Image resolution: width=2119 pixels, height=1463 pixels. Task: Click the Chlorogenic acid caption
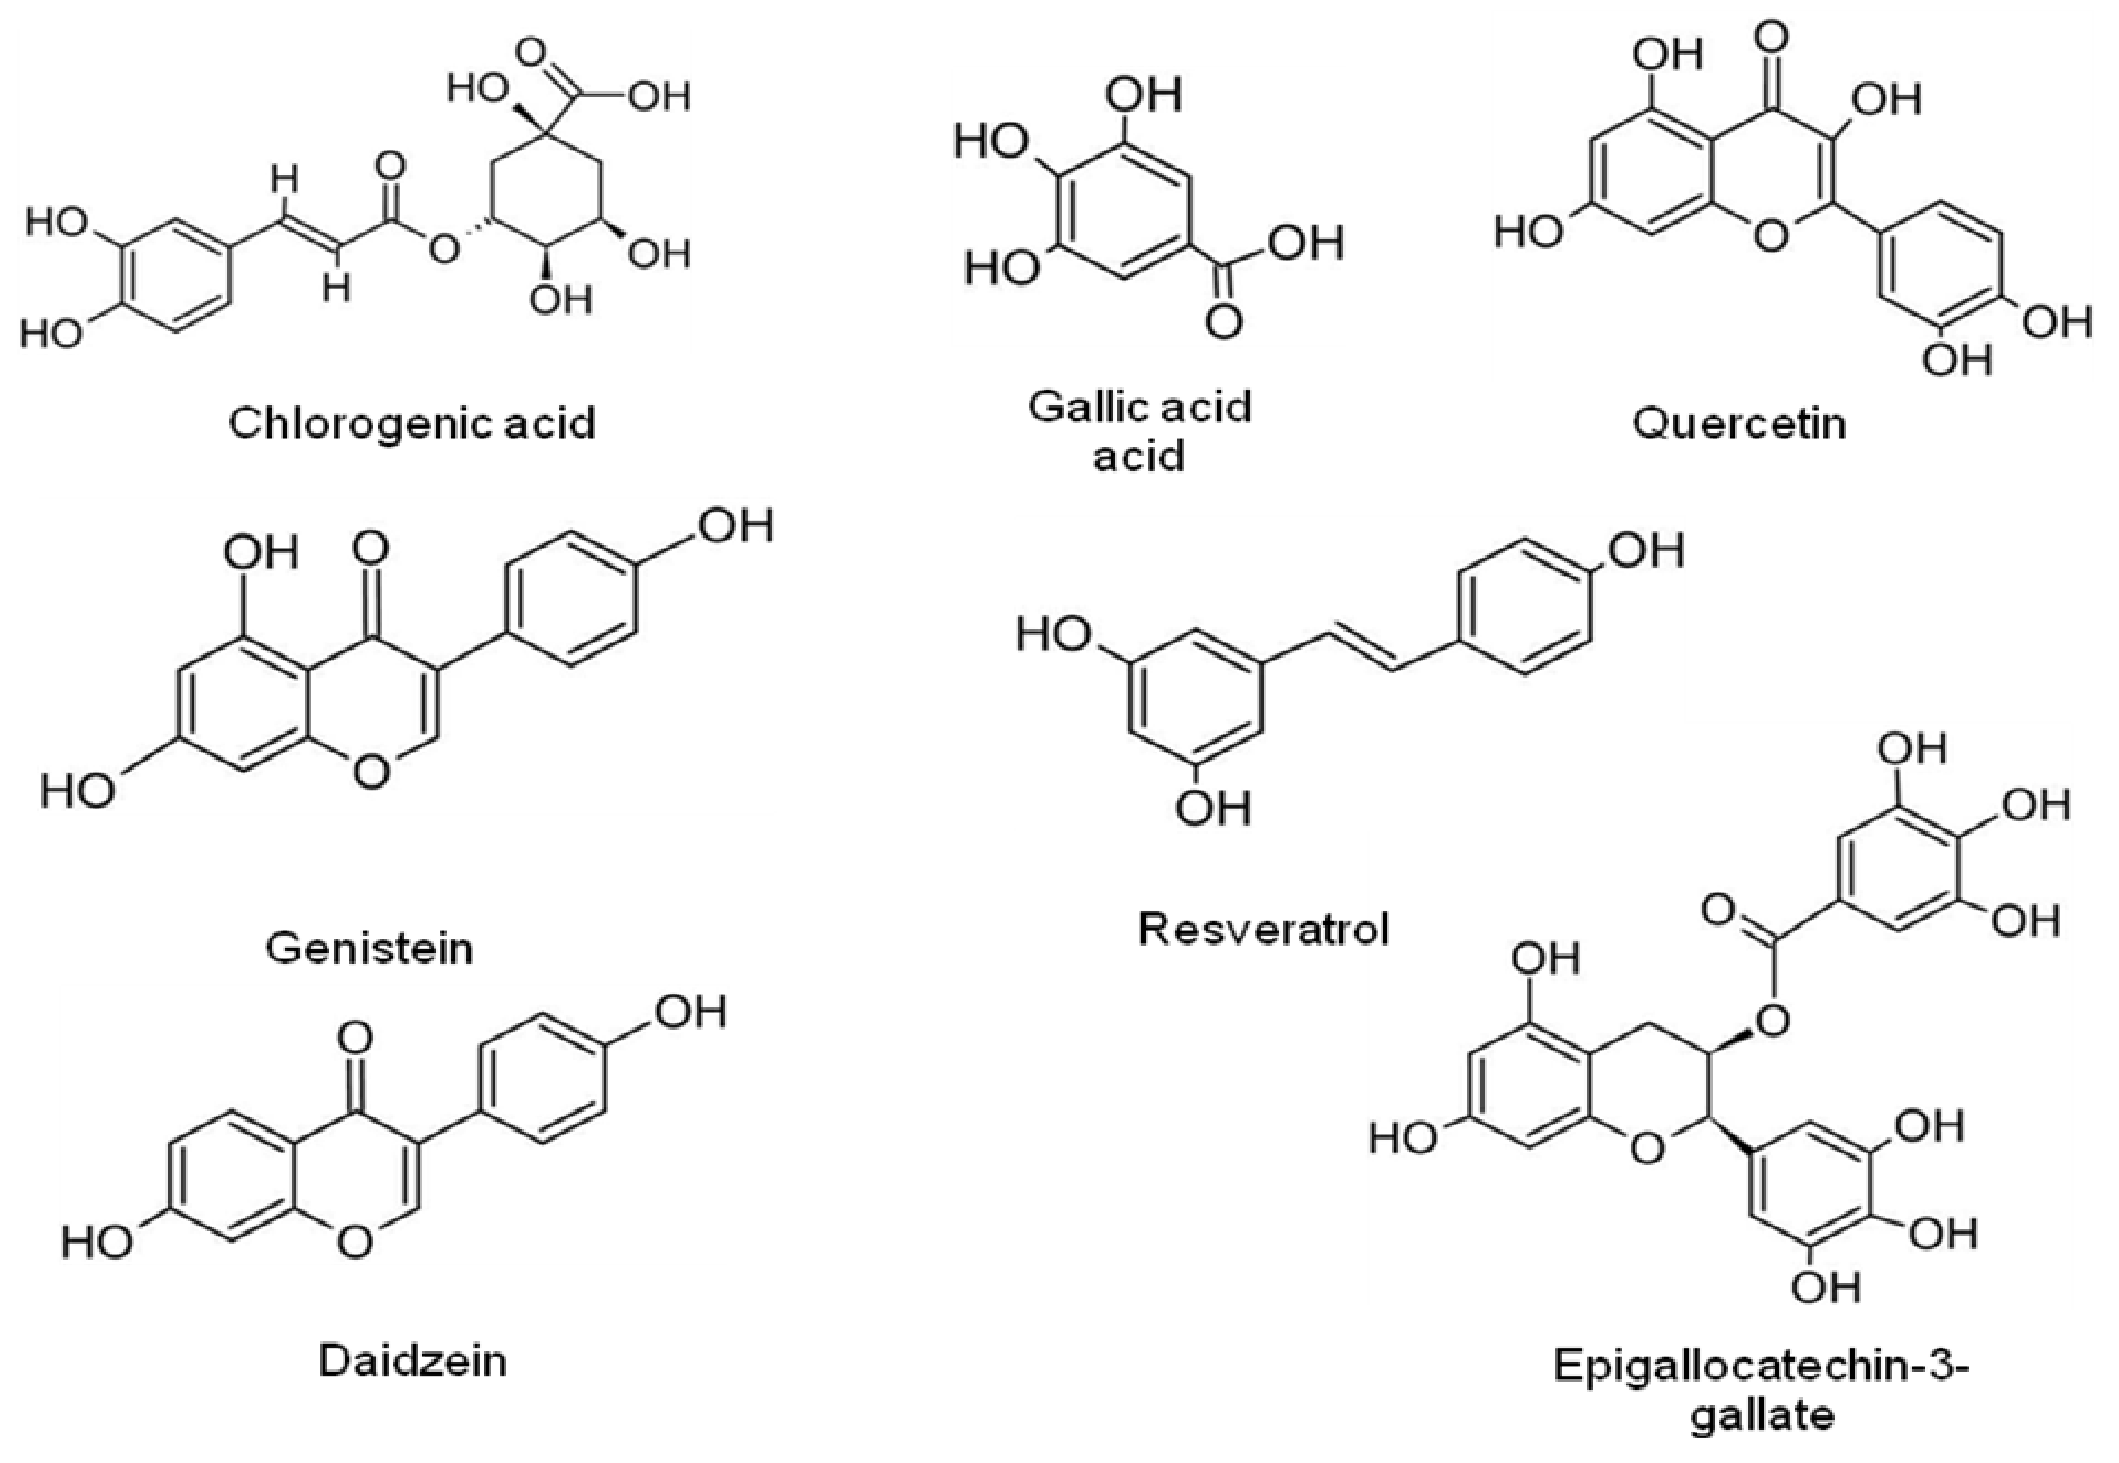coord(412,423)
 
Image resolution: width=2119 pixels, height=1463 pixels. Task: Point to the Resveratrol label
coord(1264,929)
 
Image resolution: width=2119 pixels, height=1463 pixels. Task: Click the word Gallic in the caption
coord(1086,406)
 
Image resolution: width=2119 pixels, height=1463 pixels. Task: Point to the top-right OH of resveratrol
coord(1646,551)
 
